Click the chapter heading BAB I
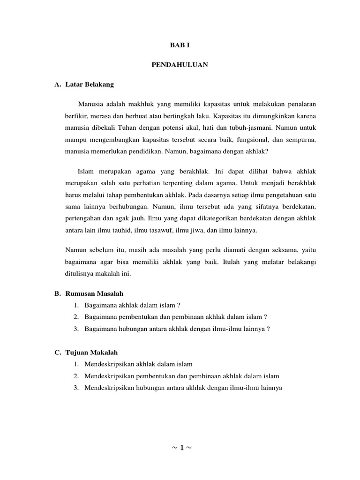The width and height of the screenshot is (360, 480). tap(180, 45)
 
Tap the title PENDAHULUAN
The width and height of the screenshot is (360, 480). tap(180, 65)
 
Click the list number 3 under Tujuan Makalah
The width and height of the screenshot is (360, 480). tap(75, 388)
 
